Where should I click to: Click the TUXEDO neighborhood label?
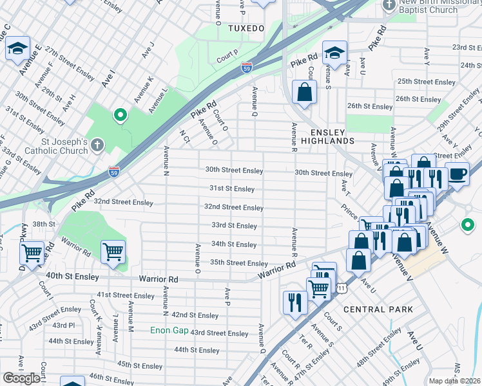point(246,29)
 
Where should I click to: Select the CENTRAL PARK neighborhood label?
point(378,309)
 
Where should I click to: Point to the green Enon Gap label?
point(168,331)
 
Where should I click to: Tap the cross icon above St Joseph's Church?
point(97,145)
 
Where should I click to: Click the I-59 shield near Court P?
point(247,66)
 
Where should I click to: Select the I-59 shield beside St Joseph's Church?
point(113,170)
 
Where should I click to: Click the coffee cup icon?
point(457,174)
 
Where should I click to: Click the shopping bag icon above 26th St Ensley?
point(304,92)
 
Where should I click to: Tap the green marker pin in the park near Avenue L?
point(119,116)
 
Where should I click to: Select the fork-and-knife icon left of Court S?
point(295,301)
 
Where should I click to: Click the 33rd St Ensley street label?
point(234,226)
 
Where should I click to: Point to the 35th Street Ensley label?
point(238,263)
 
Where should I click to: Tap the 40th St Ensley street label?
point(72,277)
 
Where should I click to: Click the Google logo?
point(21,378)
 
